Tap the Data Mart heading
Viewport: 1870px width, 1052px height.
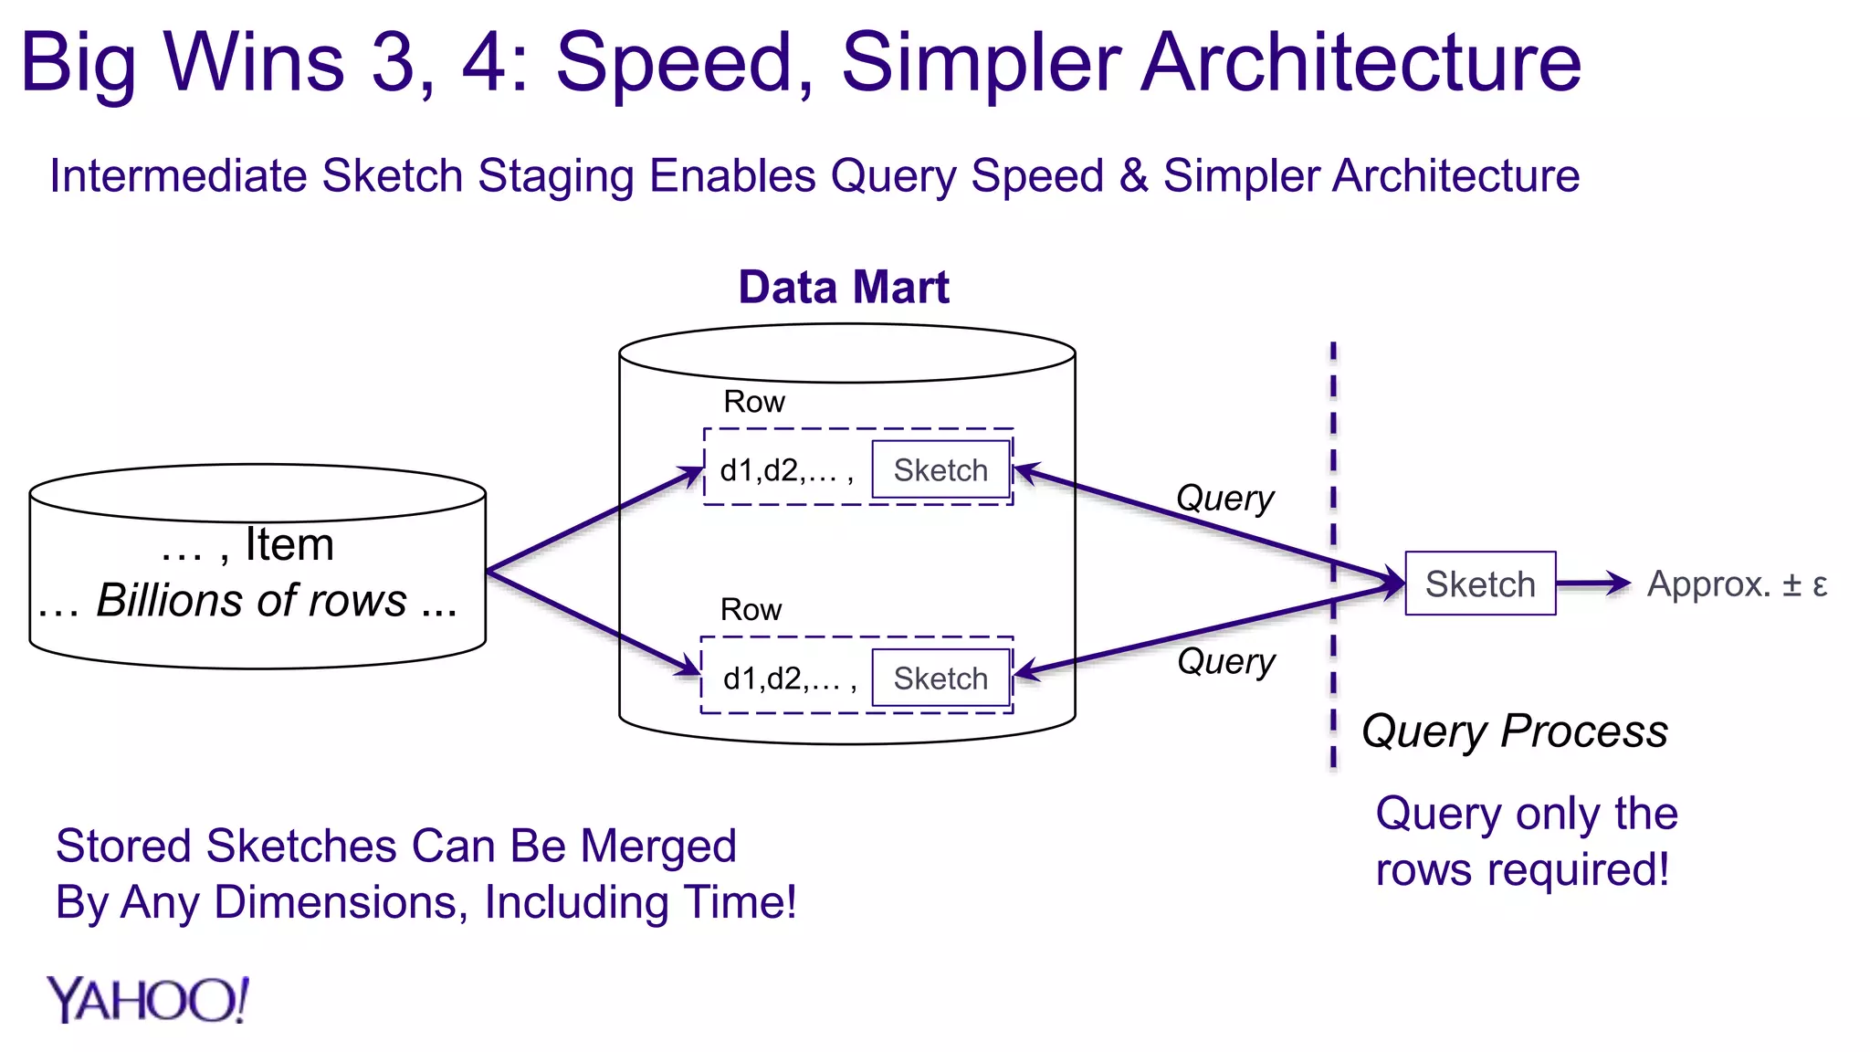(x=844, y=288)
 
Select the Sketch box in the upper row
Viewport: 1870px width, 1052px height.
(x=940, y=470)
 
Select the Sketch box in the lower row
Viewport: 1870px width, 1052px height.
(x=940, y=679)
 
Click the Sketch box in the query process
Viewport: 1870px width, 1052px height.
(x=1480, y=584)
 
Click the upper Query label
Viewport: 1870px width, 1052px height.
(x=1224, y=499)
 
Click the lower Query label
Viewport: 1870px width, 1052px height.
(x=1225, y=661)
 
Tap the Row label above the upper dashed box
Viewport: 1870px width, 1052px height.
(x=753, y=402)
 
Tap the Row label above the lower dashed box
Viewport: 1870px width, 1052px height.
(x=751, y=610)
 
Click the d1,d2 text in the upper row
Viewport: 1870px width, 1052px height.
(x=786, y=471)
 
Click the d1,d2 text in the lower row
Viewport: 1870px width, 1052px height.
(x=789, y=679)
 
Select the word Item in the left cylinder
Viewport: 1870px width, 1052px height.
(x=289, y=545)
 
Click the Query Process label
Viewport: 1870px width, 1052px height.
(x=1514, y=731)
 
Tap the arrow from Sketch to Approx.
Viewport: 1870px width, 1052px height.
(x=1592, y=583)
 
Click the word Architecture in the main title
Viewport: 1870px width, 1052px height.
(x=1360, y=63)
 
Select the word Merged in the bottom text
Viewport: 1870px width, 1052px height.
(x=658, y=847)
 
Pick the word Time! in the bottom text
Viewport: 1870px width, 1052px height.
(x=741, y=903)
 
